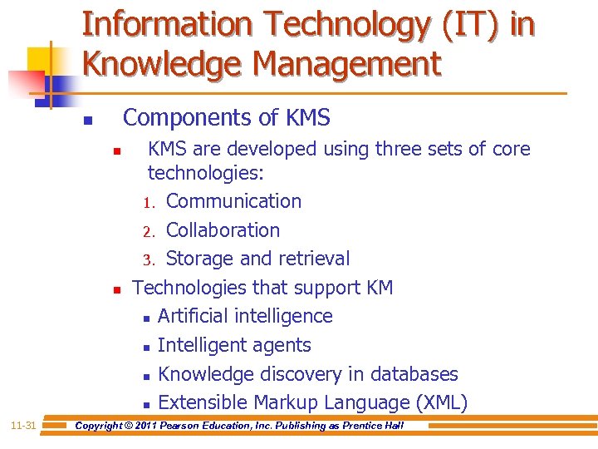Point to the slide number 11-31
point(23,426)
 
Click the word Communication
point(233,201)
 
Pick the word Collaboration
point(223,230)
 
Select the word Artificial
point(193,316)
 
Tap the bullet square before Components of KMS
point(88,121)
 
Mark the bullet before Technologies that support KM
point(117,290)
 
